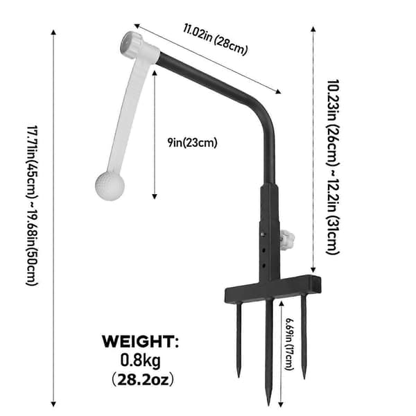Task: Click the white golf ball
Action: pos(110,186)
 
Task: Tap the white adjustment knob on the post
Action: pos(287,240)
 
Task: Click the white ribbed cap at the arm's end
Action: pos(131,44)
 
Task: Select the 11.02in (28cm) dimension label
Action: pos(215,40)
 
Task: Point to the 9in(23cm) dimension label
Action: pos(192,142)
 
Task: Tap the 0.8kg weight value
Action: pos(140,361)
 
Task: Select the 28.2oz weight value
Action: pos(143,380)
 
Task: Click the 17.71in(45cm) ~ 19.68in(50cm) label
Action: pos(33,205)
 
